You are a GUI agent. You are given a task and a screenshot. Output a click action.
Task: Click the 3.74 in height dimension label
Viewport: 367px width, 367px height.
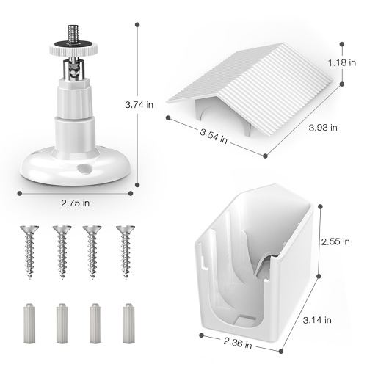(x=139, y=105)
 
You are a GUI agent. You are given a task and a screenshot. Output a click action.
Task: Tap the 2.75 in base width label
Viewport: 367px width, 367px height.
(x=76, y=203)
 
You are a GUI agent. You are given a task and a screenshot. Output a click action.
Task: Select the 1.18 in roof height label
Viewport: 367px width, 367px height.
(x=342, y=63)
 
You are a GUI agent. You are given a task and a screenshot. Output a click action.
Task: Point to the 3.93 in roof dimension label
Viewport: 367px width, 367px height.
(x=323, y=128)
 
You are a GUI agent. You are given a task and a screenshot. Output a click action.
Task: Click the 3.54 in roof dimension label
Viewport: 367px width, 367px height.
(x=214, y=136)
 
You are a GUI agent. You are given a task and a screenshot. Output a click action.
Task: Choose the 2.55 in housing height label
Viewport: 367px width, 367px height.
(x=335, y=241)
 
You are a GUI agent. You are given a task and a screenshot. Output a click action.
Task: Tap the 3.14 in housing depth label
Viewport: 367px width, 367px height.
(x=317, y=320)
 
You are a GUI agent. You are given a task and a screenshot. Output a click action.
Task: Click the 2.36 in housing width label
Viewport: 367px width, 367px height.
(x=238, y=343)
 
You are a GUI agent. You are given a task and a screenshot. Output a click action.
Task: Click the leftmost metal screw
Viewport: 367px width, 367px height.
(x=29, y=252)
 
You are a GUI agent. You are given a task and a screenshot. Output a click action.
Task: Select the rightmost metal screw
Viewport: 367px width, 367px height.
(x=126, y=252)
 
